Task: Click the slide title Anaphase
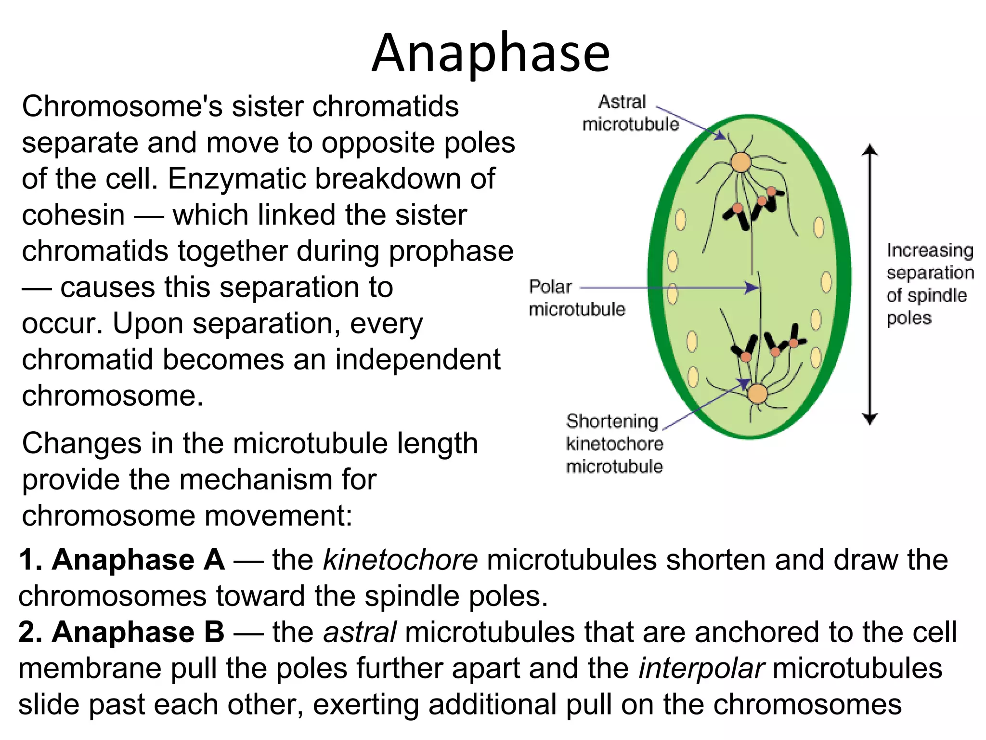[x=491, y=53]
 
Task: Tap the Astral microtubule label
[x=630, y=113]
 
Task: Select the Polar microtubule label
[x=576, y=298]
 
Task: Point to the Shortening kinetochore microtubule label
[x=614, y=444]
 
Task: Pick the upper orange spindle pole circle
[x=741, y=162]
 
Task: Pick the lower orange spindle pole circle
[x=757, y=394]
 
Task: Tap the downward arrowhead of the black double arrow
[x=869, y=419]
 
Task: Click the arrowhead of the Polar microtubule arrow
[x=752, y=288]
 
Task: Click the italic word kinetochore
[x=400, y=560]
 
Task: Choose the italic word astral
[x=360, y=632]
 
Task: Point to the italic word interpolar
[x=701, y=669]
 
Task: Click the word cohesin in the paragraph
[x=73, y=215]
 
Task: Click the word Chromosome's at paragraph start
[x=122, y=106]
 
